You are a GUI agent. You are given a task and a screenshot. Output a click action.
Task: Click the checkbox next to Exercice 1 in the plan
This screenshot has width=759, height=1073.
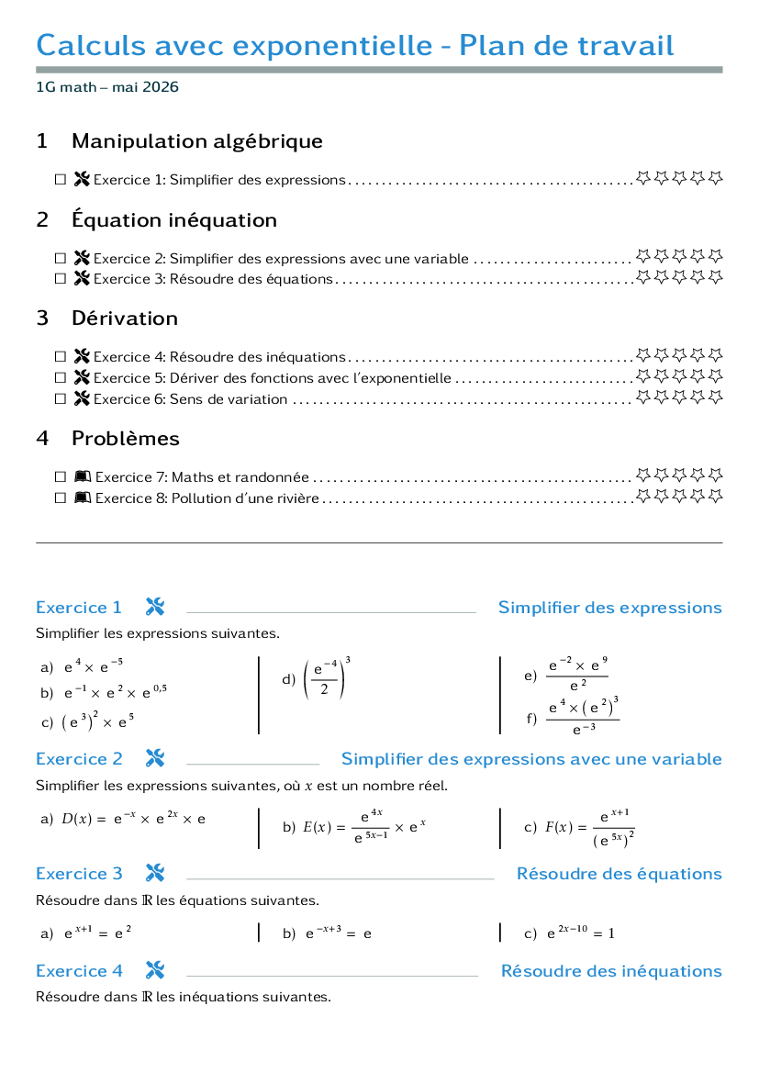61,179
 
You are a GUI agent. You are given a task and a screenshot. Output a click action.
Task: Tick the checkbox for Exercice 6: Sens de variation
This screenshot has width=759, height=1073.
61,398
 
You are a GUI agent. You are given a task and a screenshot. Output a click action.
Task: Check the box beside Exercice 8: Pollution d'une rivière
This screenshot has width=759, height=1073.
61,498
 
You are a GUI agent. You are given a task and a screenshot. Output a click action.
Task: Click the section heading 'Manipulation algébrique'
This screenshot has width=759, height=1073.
197,141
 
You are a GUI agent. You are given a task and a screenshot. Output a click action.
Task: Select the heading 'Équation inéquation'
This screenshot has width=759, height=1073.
174,219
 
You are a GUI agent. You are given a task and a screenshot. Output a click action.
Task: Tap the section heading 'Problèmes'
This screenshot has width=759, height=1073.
126,438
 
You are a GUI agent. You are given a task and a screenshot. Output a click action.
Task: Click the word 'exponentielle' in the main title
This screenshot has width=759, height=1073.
332,45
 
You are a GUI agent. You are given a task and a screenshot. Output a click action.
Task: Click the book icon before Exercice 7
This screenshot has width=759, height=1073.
83,476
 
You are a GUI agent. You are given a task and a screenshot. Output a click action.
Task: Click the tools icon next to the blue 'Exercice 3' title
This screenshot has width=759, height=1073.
155,873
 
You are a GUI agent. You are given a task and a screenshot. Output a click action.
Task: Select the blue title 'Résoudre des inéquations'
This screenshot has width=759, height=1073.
611,971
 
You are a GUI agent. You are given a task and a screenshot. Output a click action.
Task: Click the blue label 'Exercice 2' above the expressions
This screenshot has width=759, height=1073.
80,759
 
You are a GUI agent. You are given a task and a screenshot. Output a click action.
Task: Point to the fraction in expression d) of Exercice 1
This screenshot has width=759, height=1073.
325,678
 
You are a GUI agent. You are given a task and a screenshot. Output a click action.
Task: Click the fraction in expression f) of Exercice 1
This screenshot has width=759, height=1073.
583,717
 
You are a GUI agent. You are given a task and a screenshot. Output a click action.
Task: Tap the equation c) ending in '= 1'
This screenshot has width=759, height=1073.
580,932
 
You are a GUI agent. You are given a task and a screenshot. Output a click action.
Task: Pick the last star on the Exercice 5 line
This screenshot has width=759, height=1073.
715,375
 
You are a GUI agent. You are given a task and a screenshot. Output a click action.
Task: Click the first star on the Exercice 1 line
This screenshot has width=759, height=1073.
642,178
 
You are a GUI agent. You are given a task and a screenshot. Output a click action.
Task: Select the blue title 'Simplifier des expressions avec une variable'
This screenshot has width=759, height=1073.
531,759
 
